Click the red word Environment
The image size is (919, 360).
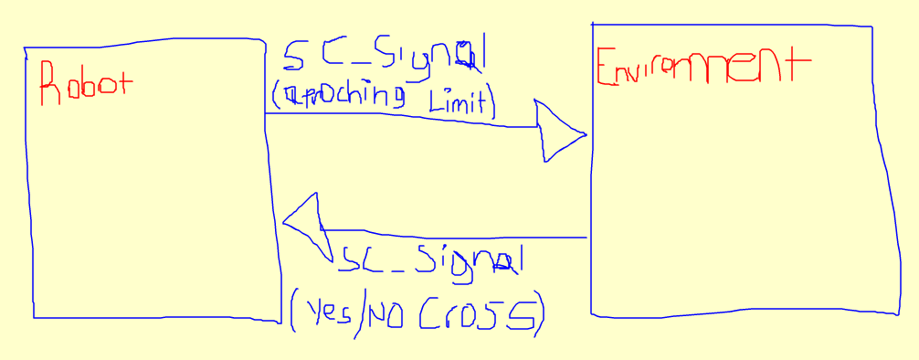coord(702,67)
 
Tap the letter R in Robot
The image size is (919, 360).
coord(49,85)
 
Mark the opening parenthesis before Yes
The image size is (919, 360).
coord(294,313)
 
